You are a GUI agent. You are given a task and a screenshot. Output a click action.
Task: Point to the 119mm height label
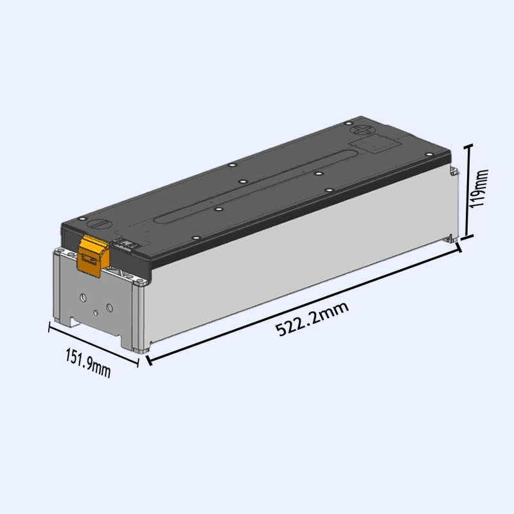coord(479,191)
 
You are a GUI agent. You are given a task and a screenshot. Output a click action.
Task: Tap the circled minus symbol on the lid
coord(99,225)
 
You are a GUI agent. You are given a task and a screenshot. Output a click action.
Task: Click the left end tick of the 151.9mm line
coord(49,327)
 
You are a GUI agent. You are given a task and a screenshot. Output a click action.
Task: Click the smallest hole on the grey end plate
coord(95,312)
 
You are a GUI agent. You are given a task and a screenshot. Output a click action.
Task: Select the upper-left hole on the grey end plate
coord(82,297)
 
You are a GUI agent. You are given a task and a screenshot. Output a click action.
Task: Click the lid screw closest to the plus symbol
coord(347,123)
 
